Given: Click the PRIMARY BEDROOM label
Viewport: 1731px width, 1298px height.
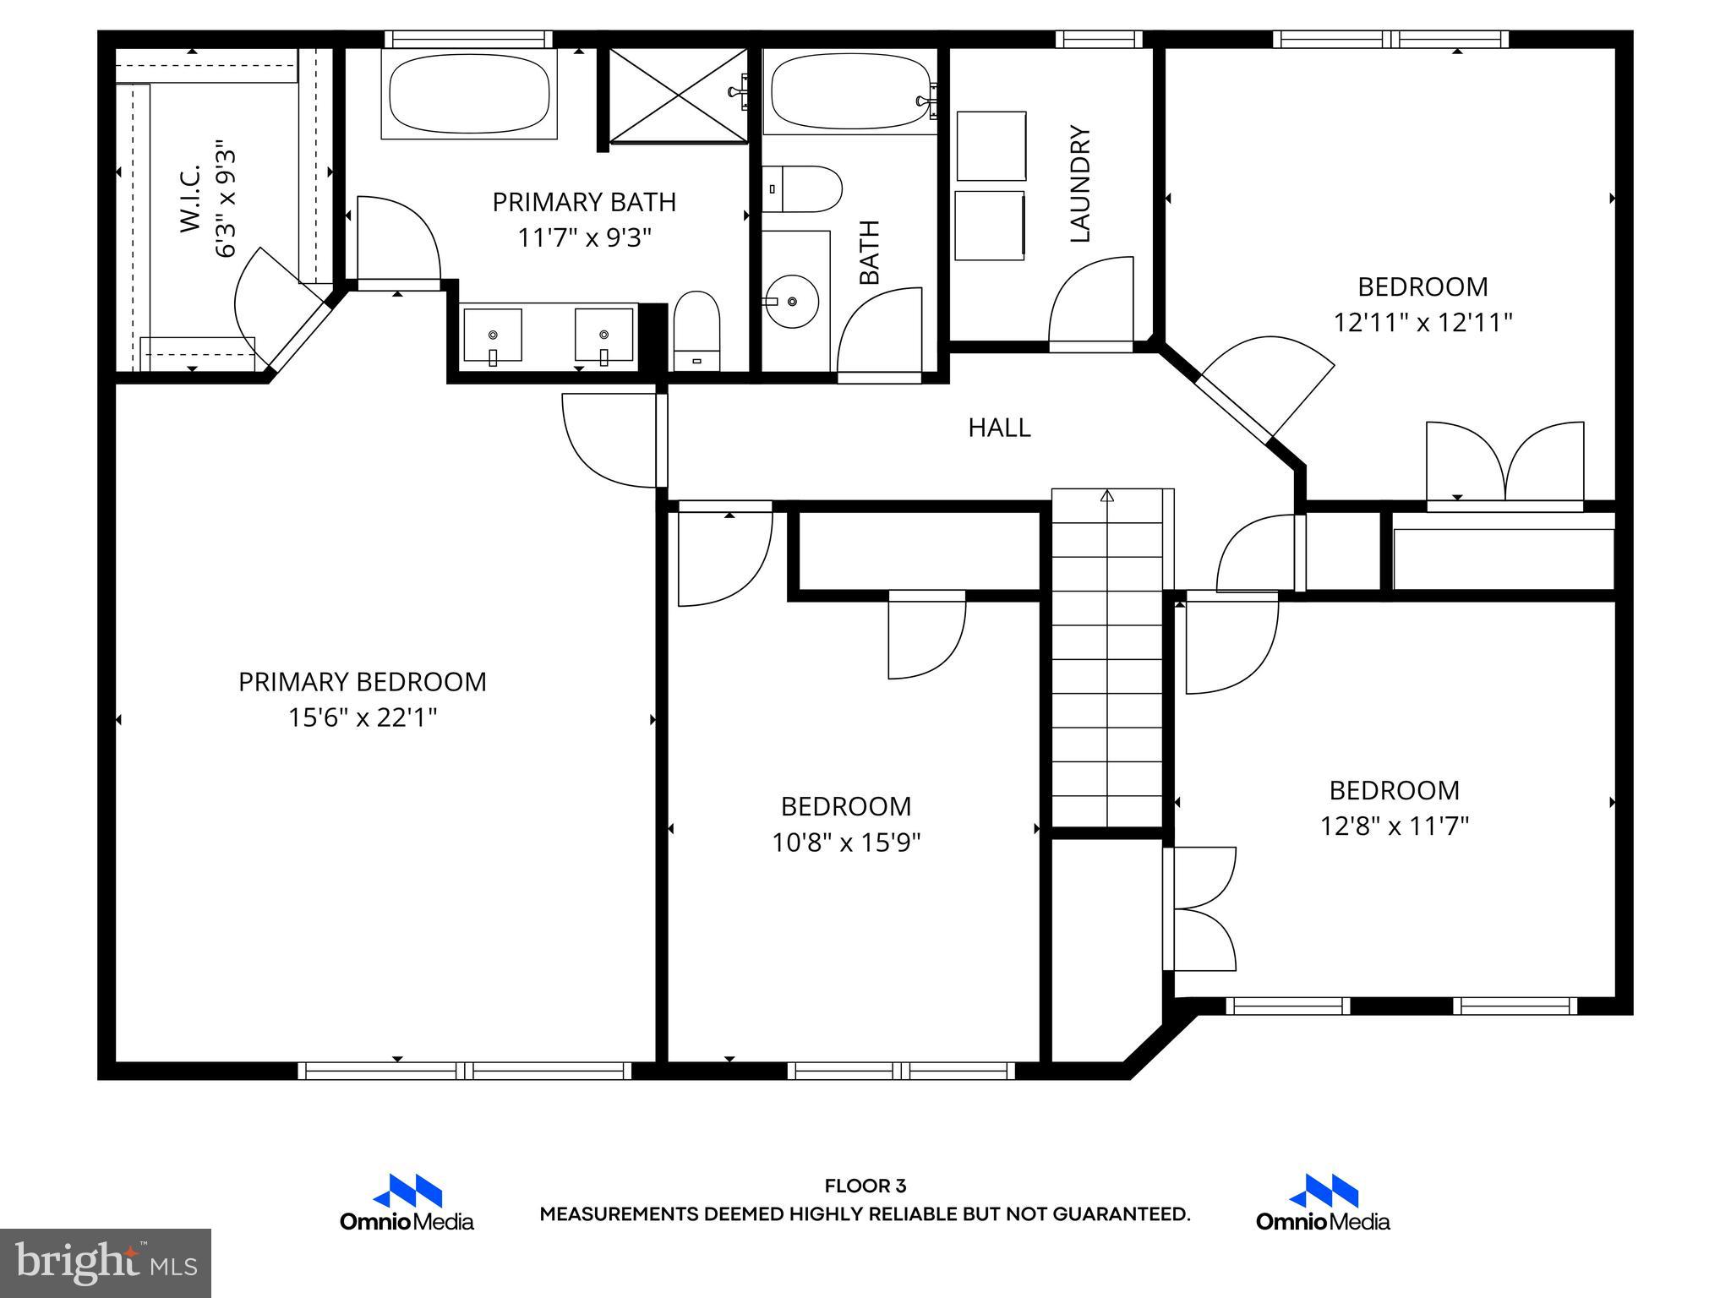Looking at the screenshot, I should (x=362, y=682).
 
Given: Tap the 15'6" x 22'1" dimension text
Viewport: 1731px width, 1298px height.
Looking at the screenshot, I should (x=362, y=718).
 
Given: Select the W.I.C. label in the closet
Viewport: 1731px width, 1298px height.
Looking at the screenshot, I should (x=190, y=199).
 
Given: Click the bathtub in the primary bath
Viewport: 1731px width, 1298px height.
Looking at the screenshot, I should (x=469, y=93).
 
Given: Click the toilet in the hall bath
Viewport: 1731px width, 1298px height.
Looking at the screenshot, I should (x=803, y=189).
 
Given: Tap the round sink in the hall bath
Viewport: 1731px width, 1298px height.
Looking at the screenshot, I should (x=791, y=301).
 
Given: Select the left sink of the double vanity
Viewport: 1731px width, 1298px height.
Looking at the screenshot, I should (x=493, y=335).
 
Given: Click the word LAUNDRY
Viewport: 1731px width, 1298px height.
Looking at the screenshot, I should (x=1080, y=184).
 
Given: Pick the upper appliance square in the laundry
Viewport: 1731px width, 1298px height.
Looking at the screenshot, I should (x=991, y=145).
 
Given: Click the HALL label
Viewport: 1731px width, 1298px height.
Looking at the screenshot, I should (x=999, y=428).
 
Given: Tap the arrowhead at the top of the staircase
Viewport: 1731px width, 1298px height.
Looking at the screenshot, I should (x=1107, y=496).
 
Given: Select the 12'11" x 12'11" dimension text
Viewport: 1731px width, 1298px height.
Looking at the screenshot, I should (x=1422, y=323).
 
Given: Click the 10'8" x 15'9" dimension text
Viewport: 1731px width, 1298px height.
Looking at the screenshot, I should (x=845, y=843).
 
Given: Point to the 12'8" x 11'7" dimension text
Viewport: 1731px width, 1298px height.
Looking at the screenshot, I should (x=1394, y=826).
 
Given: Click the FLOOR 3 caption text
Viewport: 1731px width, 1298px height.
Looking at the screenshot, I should (x=865, y=1186).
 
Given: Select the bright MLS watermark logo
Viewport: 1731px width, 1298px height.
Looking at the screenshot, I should (x=106, y=1263).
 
